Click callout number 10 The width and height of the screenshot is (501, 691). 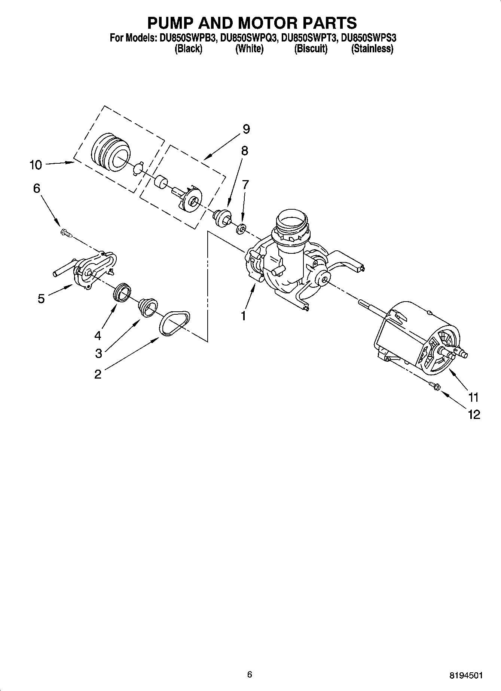(x=36, y=165)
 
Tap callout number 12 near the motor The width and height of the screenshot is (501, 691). (x=474, y=414)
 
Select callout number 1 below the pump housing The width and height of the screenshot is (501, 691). (x=244, y=316)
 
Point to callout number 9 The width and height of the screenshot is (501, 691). (x=246, y=129)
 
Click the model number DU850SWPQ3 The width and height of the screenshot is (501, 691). (x=248, y=38)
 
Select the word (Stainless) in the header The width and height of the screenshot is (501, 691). (x=372, y=49)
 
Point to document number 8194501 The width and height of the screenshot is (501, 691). (x=465, y=675)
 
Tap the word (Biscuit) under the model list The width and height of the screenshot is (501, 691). (x=311, y=49)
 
